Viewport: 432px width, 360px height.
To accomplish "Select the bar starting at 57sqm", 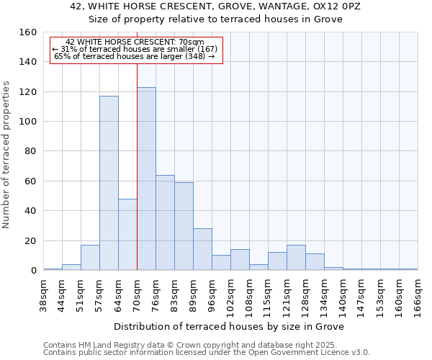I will pos(109,183).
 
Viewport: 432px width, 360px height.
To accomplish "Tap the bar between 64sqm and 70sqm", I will pos(127,234).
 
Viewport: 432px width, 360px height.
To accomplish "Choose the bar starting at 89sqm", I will pos(202,249).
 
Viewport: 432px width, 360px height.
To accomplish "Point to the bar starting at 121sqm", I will pos(296,257).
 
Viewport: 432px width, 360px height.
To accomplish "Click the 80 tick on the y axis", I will pos(31,151).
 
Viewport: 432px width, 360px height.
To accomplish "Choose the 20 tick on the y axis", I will pos(31,240).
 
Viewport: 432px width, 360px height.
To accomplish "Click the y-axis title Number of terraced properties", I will pos(7,154).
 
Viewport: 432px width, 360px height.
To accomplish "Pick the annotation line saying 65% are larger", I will pos(135,56).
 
